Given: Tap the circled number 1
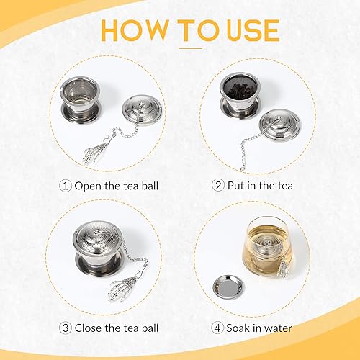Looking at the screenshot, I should [66, 186].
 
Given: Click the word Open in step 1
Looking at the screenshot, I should [89, 186].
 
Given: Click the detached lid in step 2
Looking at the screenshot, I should [283, 116].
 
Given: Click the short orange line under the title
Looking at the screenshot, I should [190, 48].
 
